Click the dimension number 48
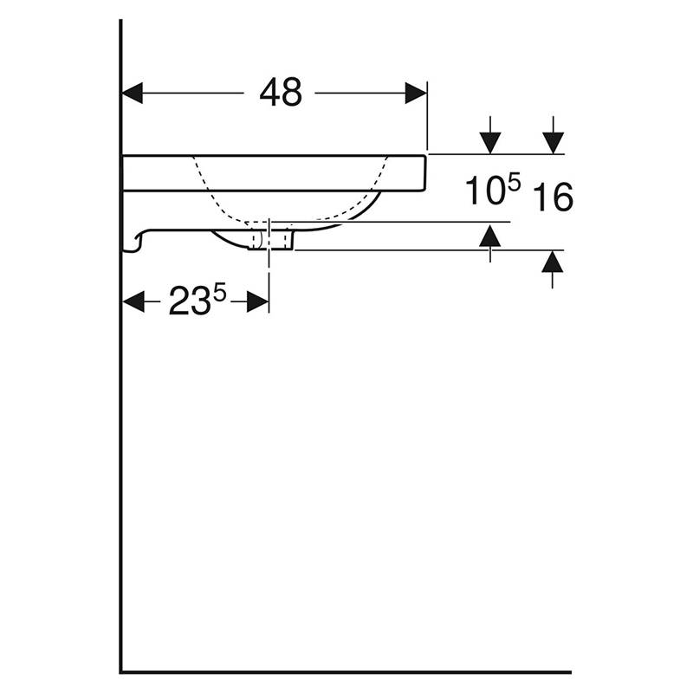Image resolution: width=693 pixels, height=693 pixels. point(281,93)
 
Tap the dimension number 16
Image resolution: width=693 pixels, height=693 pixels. point(553,198)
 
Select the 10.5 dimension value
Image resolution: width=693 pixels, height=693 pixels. point(493,190)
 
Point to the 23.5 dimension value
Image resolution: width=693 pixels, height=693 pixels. point(198,300)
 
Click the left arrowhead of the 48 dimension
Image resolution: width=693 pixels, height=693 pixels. point(133,93)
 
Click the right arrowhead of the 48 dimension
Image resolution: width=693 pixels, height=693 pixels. point(416,93)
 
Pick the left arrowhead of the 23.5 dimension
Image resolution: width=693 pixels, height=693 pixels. point(133,301)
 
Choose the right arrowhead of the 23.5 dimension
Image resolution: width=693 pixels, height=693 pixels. point(257,301)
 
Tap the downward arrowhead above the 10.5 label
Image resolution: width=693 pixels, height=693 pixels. point(490,143)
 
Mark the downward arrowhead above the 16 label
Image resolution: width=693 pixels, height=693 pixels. point(553,143)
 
